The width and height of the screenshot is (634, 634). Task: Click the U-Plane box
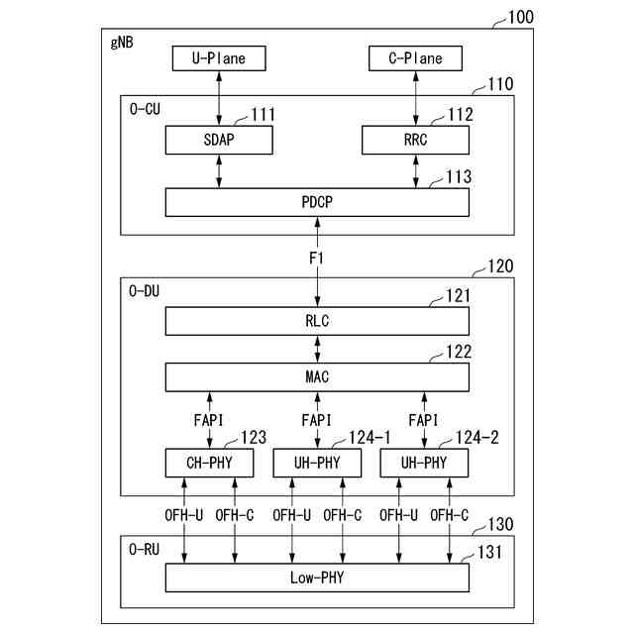pyautogui.click(x=218, y=59)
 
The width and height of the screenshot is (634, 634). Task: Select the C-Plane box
pyautogui.click(x=416, y=59)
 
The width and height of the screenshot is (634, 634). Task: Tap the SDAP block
pyautogui.click(x=218, y=140)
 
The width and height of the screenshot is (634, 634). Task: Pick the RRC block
pyautogui.click(x=416, y=140)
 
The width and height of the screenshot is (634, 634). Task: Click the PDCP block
pyautogui.click(x=317, y=202)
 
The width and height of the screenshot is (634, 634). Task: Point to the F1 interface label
pyautogui.click(x=317, y=258)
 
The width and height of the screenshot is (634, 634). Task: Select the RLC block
pyautogui.click(x=317, y=321)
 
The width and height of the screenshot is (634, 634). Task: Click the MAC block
pyautogui.click(x=317, y=376)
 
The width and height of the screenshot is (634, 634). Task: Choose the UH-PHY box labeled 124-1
pyautogui.click(x=317, y=463)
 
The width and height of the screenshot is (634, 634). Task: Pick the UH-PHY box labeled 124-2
pyautogui.click(x=424, y=463)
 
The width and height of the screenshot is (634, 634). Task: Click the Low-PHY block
pyautogui.click(x=317, y=577)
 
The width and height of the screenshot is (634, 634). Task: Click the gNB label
pyautogui.click(x=118, y=45)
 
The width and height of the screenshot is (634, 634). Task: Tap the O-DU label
pyautogui.click(x=145, y=291)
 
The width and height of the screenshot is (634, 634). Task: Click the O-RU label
pyautogui.click(x=145, y=548)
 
